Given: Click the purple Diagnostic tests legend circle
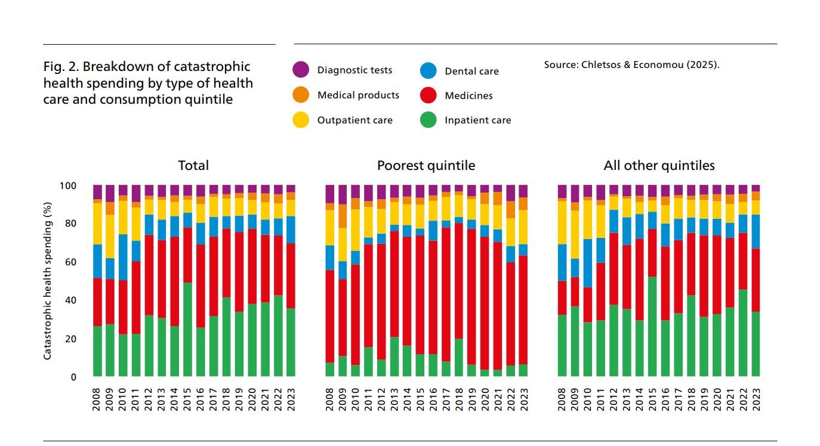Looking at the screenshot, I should (x=301, y=70).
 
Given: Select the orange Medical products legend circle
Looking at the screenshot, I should (x=301, y=95).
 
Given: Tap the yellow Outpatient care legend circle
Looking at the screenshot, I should (x=301, y=120).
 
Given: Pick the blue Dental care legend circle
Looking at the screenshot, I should (x=429, y=71).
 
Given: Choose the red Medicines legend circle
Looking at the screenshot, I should (x=429, y=95).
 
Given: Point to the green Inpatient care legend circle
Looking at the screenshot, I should (x=429, y=120).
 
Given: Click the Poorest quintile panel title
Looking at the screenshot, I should (x=426, y=165).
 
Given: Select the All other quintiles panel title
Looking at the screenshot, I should (x=659, y=165).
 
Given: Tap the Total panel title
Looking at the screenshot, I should (x=193, y=165).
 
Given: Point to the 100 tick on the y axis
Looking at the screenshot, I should (x=69, y=186).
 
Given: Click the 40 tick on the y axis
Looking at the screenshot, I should (x=71, y=301).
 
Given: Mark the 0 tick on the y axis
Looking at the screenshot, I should (x=74, y=377).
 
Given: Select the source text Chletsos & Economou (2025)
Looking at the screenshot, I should (x=631, y=64).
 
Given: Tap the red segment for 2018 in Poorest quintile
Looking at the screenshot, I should (x=459, y=281).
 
